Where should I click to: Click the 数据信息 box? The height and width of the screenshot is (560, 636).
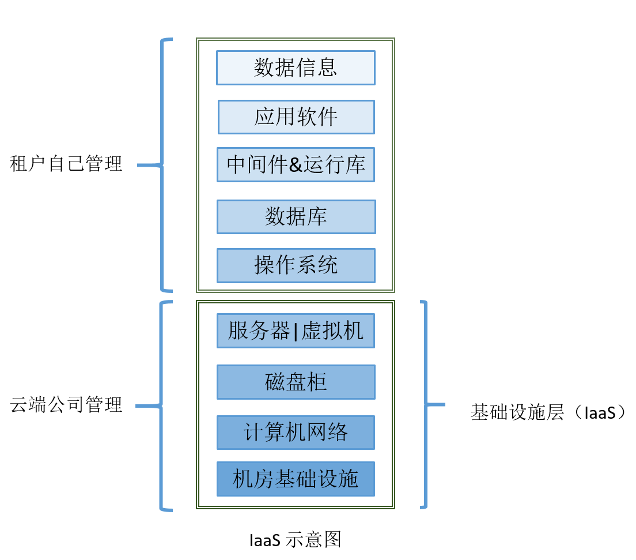pyautogui.click(x=296, y=68)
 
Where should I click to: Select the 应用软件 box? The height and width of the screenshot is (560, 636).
pyautogui.click(x=296, y=117)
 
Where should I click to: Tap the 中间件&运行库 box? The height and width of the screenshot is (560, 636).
pyautogui.click(x=296, y=165)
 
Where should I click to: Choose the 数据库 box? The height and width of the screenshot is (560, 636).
pyautogui.click(x=296, y=217)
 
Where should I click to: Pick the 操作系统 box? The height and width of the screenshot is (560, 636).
pyautogui.click(x=296, y=265)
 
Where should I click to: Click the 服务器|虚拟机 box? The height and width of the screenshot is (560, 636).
pyautogui.click(x=296, y=331)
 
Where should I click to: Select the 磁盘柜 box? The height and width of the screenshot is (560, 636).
pyautogui.click(x=296, y=382)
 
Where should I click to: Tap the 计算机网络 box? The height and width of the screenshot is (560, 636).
pyautogui.click(x=296, y=432)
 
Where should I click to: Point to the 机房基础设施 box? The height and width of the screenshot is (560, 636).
pyautogui.click(x=296, y=479)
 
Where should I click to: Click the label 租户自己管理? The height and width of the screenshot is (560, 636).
pyautogui.click(x=67, y=164)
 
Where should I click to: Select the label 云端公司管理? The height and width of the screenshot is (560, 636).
pyautogui.click(x=67, y=405)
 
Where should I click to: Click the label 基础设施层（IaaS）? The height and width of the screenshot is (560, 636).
pyautogui.click(x=548, y=412)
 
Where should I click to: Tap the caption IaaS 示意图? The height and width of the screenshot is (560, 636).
pyautogui.click(x=296, y=540)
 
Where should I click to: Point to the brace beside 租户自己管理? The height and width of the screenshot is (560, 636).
pyautogui.click(x=162, y=165)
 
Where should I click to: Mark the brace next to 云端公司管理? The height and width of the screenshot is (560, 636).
pyautogui.click(x=161, y=405)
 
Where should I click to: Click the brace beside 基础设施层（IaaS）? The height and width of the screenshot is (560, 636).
pyautogui.click(x=426, y=404)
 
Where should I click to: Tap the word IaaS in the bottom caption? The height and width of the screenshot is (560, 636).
pyautogui.click(x=265, y=540)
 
